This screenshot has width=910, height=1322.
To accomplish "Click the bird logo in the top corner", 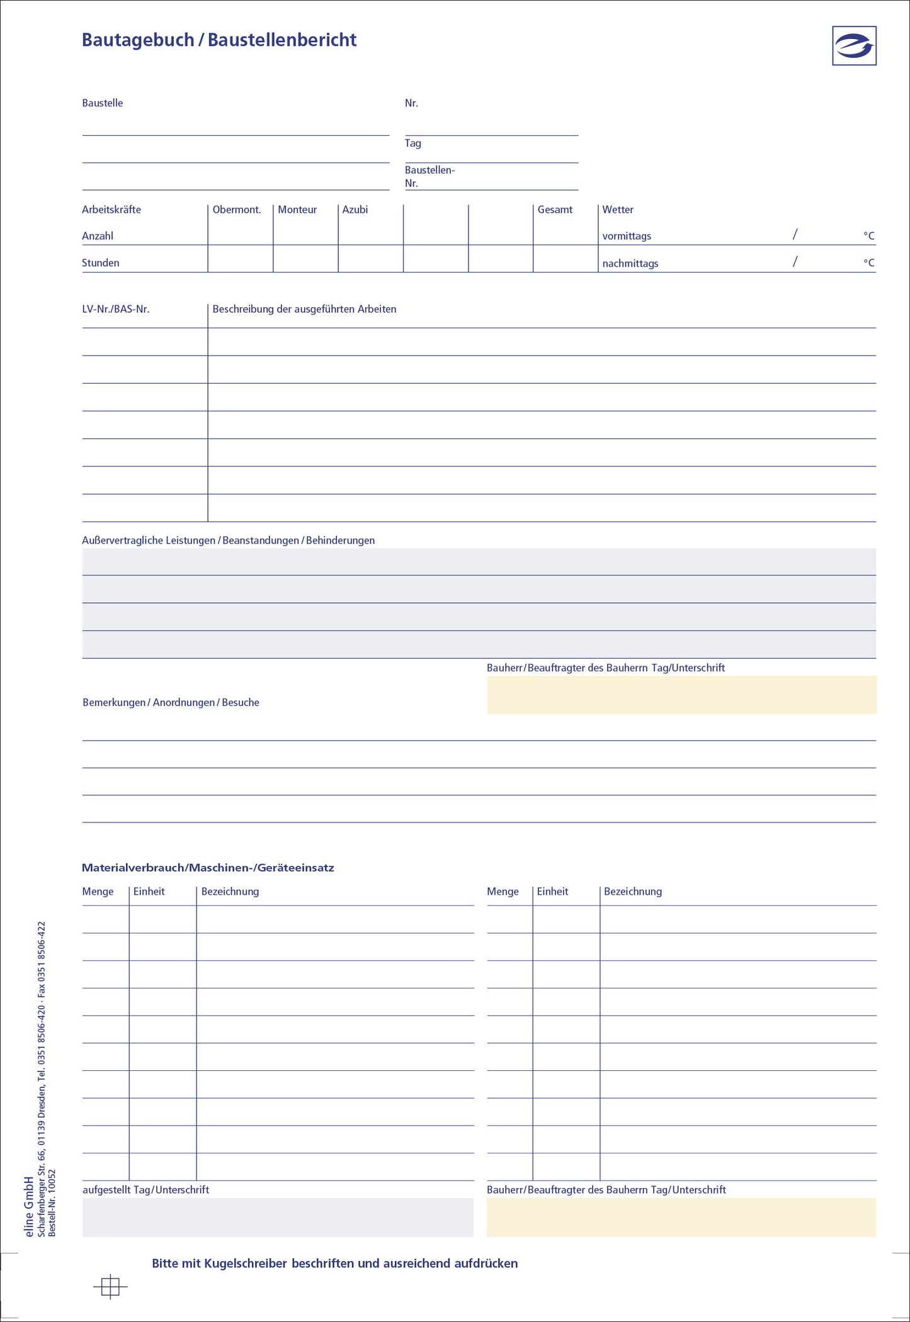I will (854, 45).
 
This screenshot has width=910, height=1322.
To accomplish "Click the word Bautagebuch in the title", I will (138, 40).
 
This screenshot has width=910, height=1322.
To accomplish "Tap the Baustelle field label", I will (102, 103).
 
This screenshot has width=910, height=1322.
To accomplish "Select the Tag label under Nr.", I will (412, 143).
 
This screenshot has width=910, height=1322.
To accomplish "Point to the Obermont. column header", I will (237, 210).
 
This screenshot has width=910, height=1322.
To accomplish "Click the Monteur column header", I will (297, 210).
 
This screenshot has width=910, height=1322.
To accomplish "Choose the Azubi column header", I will (355, 210).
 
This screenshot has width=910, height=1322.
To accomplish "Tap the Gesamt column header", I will (555, 210).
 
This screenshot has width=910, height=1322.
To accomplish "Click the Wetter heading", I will (618, 210).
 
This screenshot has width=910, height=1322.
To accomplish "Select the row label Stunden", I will (100, 263).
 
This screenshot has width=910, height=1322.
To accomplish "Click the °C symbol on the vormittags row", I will (869, 236).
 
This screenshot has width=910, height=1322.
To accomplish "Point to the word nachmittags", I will (630, 264).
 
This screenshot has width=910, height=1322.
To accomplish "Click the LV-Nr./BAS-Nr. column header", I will (116, 309).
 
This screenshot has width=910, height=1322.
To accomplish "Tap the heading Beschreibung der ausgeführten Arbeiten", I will (304, 309).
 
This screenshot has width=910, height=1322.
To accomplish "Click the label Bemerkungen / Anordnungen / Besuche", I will (171, 702).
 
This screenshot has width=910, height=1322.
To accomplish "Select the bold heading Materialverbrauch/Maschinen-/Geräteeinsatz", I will (208, 868).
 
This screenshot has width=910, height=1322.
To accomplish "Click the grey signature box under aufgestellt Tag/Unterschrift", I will (278, 1217).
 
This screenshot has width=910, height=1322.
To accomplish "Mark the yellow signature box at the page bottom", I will (681, 1217).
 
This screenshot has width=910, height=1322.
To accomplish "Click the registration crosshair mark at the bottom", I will (110, 1287).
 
